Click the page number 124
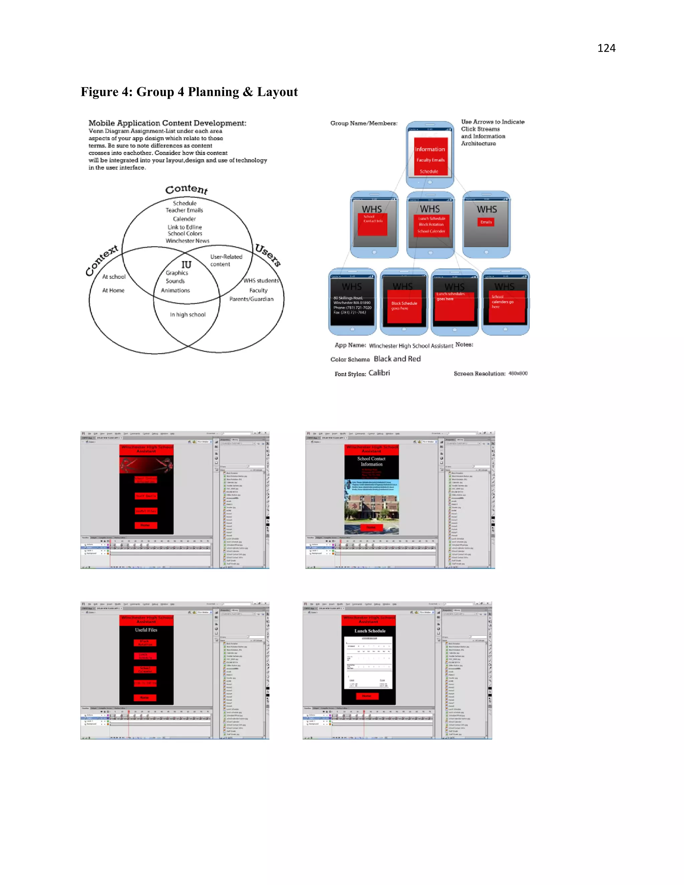pos(606,48)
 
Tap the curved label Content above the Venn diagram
pos(186,189)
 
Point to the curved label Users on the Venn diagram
pos(268,255)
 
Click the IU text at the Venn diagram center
pos(186,264)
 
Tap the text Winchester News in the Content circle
pos(187,241)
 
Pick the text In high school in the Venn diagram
pos(188,315)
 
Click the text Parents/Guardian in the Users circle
pos(251,299)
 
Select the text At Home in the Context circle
pos(113,291)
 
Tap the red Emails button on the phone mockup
pos(486,222)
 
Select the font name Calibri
pos(379,373)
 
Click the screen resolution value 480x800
pos(518,373)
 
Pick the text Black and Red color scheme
pos(397,359)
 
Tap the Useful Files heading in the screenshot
pos(146,630)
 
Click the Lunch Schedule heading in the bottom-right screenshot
pos(370,631)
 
